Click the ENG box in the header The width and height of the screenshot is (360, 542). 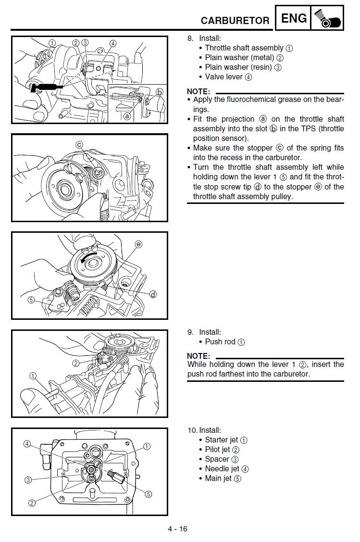[x=293, y=18]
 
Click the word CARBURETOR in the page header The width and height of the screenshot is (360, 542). [x=235, y=21]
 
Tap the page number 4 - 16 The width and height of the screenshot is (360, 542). [x=177, y=529]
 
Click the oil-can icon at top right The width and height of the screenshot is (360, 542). [x=327, y=19]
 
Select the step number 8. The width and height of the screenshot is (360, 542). [x=190, y=38]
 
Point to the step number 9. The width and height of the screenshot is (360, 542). [x=190, y=332]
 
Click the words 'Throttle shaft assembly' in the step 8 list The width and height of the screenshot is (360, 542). [x=244, y=48]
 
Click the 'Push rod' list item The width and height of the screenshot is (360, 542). [x=220, y=342]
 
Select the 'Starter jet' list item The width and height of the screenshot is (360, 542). [x=222, y=440]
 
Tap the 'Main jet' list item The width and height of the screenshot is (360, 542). [x=218, y=479]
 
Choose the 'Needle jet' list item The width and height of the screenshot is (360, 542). [x=222, y=469]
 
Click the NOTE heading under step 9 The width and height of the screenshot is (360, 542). [x=199, y=356]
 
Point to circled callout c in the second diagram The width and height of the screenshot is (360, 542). [x=79, y=145]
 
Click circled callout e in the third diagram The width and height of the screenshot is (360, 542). [x=138, y=245]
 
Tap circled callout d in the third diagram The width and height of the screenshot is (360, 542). [x=153, y=294]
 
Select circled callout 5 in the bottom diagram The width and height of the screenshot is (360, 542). [x=148, y=494]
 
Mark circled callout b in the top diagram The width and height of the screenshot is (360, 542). [x=160, y=92]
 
